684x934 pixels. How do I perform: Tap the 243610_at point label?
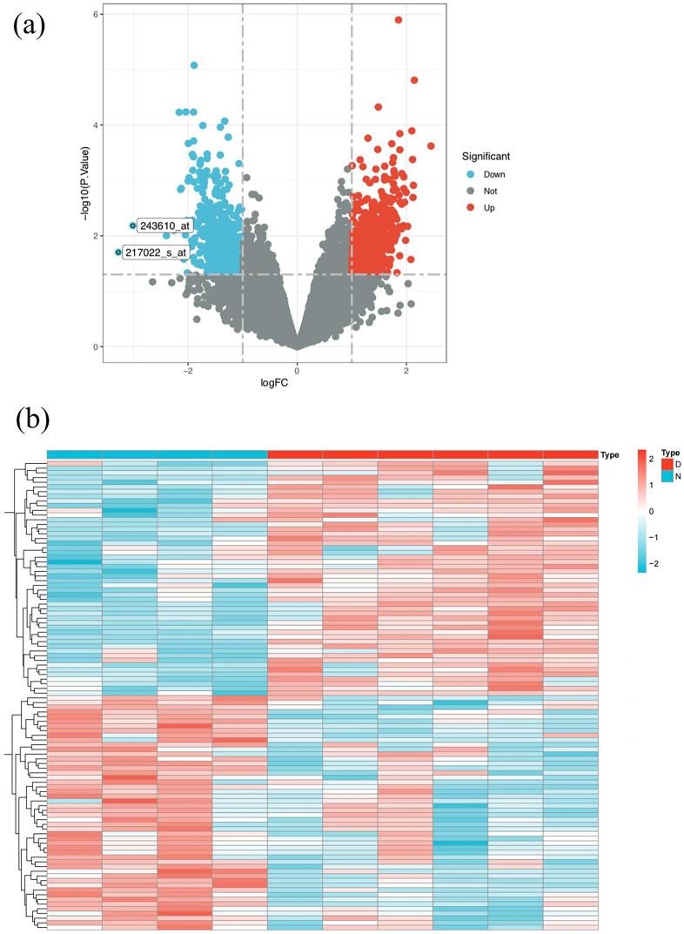click(164, 226)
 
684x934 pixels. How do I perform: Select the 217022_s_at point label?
click(156, 253)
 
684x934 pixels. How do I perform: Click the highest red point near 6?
click(399, 19)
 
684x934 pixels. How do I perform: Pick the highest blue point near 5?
click(194, 65)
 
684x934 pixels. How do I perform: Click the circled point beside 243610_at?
click(132, 225)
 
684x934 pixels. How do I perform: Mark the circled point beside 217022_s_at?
click(118, 252)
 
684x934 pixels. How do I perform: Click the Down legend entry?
click(494, 174)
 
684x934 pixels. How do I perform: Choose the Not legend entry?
click(492, 191)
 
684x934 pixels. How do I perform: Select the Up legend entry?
click(489, 207)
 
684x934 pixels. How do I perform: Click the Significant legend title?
click(486, 157)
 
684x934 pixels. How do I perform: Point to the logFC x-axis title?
click(298, 380)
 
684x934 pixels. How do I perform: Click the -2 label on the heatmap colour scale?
click(654, 564)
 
